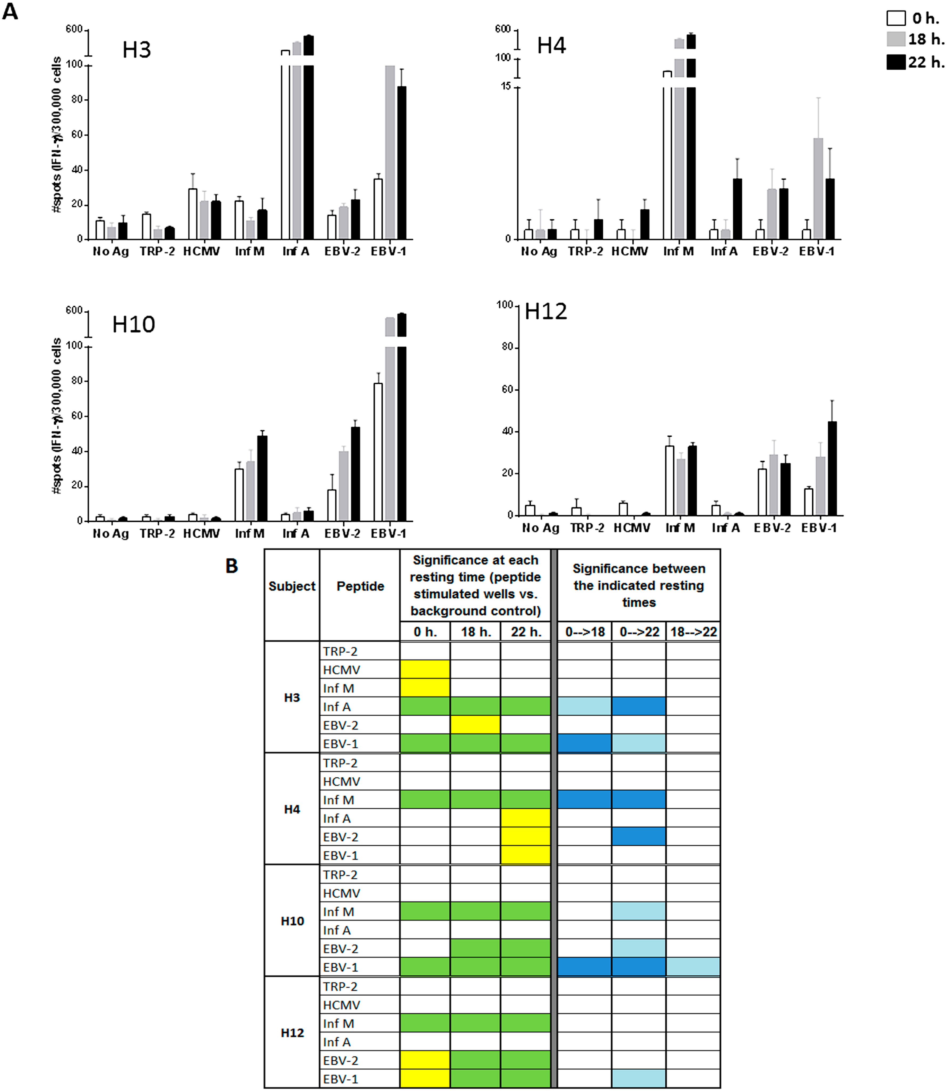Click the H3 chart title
coord(136,50)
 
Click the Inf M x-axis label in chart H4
coord(678,252)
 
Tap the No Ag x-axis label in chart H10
coord(111,533)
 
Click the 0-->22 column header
coord(639,632)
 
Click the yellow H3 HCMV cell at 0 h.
coord(425,669)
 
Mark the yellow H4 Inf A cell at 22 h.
coord(525,818)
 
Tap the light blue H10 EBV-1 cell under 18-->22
coord(693,967)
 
